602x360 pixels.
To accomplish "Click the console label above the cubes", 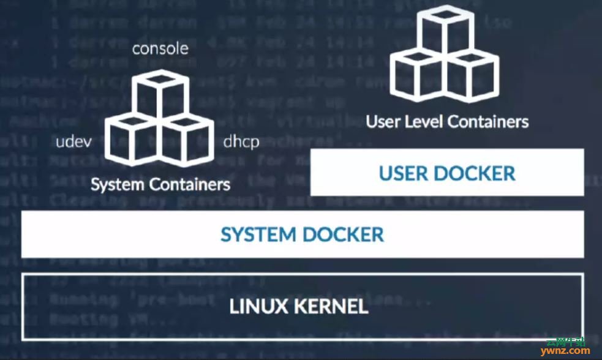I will (x=160, y=48).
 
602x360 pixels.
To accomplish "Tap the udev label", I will (x=73, y=143).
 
